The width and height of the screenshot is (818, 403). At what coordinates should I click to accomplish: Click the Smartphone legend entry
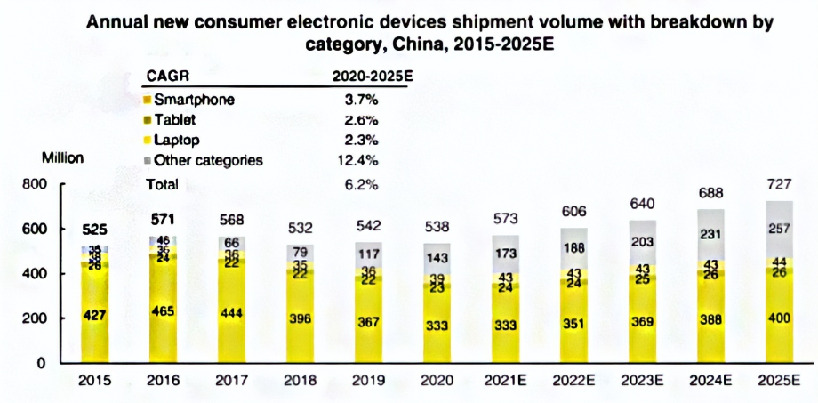(193, 99)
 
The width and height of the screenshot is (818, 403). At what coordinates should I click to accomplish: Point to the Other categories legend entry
(208, 160)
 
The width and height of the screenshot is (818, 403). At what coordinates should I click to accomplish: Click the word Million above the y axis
(63, 157)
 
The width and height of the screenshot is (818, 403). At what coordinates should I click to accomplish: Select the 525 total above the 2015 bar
(96, 229)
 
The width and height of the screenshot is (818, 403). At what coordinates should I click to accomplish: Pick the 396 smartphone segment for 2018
(301, 318)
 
